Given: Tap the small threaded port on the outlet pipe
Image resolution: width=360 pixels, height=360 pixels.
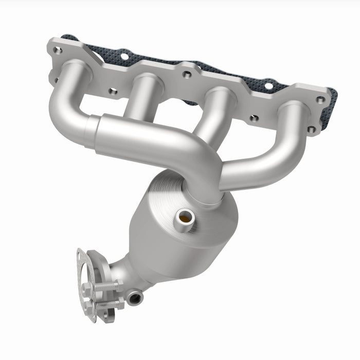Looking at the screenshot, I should [x=135, y=297].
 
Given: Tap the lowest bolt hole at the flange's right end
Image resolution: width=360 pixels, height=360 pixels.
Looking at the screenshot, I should [x=312, y=129].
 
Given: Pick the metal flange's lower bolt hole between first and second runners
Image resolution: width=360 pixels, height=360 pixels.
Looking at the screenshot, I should [x=113, y=91].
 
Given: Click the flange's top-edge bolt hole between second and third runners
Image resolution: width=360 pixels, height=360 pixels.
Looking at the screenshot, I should [x=187, y=75].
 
